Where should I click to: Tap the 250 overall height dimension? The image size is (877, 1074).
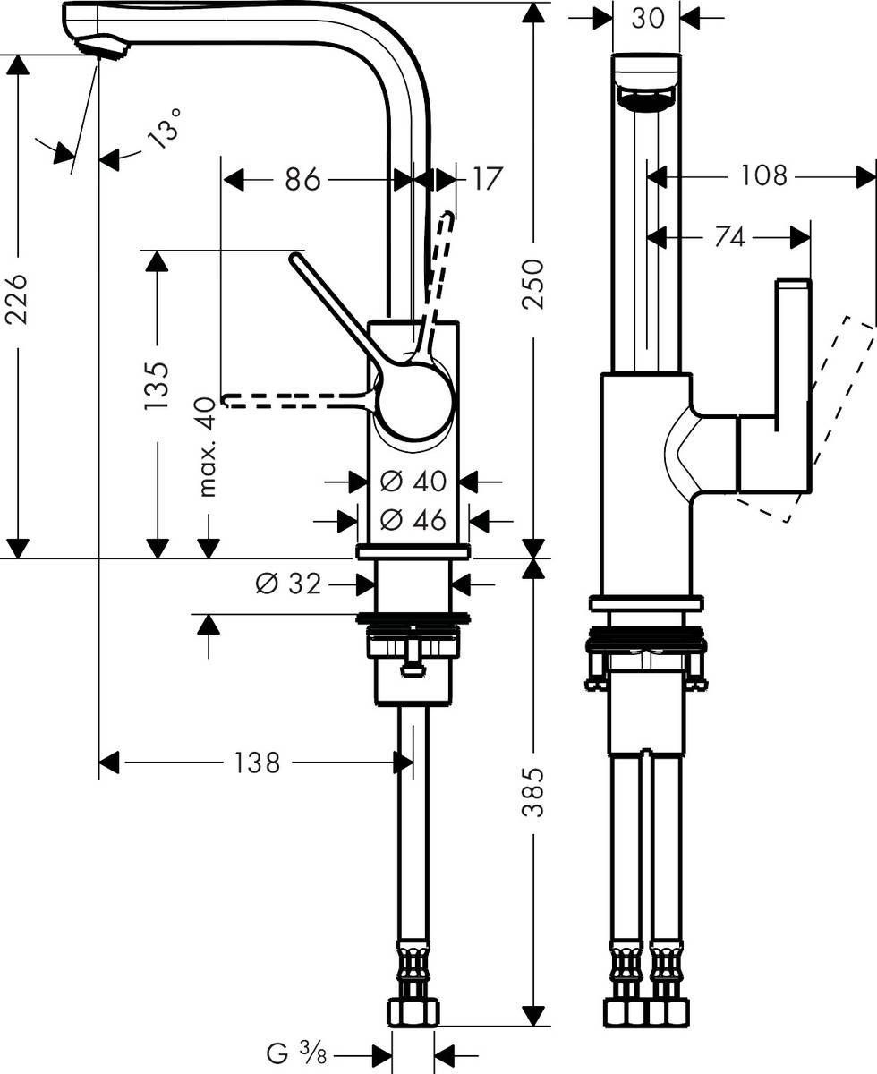point(533,284)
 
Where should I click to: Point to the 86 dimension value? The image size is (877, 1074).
point(302,179)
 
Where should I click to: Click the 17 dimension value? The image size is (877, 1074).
point(486,179)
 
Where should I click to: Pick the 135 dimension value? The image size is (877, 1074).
point(158,385)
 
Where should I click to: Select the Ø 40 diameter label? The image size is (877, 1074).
point(413,482)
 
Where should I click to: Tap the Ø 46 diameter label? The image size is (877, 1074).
point(413,519)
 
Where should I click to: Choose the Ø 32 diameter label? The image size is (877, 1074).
point(287,584)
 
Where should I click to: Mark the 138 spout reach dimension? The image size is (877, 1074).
point(257,763)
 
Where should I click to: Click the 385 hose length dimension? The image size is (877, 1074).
point(533,791)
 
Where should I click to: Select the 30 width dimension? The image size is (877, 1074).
point(647,18)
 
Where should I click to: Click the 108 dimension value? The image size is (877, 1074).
point(763,176)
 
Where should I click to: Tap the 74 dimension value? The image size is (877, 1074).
point(730,237)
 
